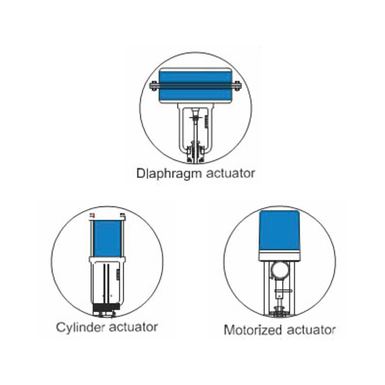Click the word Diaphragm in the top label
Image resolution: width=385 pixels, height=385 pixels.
169,174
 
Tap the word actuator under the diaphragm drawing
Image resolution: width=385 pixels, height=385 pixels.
230,174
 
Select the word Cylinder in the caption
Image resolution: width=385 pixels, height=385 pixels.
80,328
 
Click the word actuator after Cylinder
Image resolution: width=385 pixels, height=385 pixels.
133,328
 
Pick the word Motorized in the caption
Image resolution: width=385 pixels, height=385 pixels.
253,330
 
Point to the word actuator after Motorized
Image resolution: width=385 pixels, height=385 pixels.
311,330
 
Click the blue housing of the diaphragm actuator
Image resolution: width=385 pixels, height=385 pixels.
195,85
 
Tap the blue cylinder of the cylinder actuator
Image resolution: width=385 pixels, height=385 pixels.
108,238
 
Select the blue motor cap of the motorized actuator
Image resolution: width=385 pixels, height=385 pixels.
280,231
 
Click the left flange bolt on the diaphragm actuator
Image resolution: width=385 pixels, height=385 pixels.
154,86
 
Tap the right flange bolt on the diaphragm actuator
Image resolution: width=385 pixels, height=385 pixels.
237,86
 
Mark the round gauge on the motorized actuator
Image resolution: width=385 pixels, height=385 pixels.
280,269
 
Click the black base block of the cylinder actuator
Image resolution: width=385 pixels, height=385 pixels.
106,307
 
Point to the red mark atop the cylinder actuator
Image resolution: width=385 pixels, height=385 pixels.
92,216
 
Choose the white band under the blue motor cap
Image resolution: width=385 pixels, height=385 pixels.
280,257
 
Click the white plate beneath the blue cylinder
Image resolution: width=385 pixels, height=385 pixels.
107,259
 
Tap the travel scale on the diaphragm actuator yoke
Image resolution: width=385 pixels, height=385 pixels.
206,121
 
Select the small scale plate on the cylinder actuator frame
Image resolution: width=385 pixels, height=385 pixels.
118,274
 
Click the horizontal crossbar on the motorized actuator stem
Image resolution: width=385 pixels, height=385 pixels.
282,291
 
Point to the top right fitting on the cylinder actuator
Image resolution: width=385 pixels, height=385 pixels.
123,216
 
